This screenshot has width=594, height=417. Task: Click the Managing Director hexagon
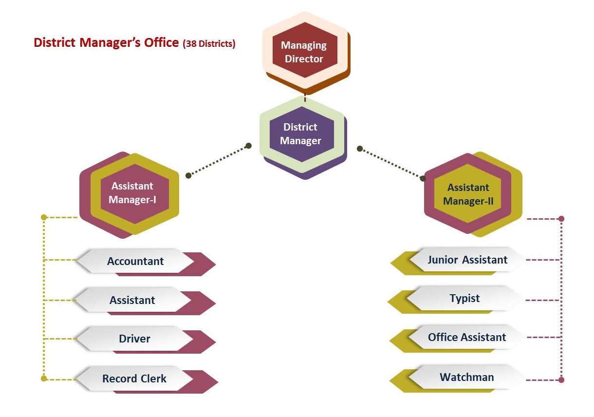305,52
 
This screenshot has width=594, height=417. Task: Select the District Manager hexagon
301,133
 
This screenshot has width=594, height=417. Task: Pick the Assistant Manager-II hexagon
468,194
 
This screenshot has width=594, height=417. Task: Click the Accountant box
136,261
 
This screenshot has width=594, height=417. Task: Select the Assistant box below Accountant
132,300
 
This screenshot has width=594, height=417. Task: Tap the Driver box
135,339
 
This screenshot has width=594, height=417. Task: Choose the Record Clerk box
134,379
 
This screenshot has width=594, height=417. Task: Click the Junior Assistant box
467,260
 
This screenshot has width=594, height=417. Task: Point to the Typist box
465,298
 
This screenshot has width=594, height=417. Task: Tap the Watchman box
466,377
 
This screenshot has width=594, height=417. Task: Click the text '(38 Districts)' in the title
209,44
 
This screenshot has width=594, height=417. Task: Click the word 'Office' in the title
161,43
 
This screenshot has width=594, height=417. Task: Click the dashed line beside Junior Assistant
543,260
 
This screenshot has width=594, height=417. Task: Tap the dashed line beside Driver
60,339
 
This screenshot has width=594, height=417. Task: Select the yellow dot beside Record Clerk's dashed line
44,378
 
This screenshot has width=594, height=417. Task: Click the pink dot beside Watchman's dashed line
561,379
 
